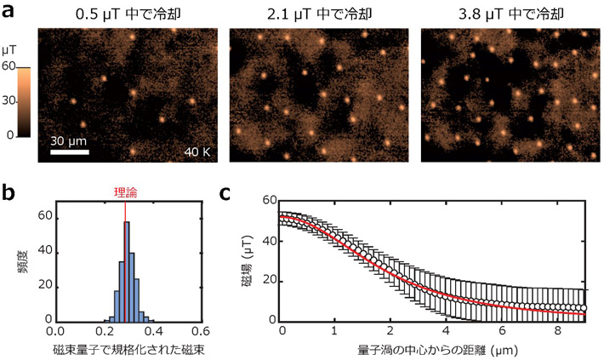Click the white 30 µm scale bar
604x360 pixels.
tap(69, 153)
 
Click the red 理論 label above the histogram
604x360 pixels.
tap(126, 193)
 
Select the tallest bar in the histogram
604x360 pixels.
tap(127, 271)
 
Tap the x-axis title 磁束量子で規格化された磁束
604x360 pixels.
tap(128, 349)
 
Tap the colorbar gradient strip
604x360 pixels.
tap(24, 101)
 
